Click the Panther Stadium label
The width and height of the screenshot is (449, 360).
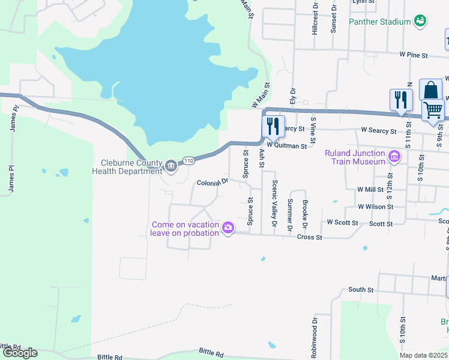(379, 22)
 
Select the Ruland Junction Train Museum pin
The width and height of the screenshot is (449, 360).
(394, 157)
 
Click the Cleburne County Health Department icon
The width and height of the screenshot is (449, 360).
(170, 165)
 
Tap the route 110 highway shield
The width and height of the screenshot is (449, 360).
(188, 161)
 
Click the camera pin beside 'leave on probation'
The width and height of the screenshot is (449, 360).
(228, 227)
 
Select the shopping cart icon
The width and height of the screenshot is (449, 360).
(433, 110)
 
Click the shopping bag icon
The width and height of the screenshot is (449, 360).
(430, 91)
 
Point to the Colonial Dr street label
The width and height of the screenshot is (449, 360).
(213, 182)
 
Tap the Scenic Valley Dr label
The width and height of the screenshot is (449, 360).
(274, 203)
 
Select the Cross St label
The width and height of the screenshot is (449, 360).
(310, 237)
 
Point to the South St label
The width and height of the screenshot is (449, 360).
(361, 290)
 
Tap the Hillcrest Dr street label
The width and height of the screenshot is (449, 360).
(315, 18)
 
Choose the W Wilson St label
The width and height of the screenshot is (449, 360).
(375, 206)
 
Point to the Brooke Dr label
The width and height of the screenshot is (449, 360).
(305, 214)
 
